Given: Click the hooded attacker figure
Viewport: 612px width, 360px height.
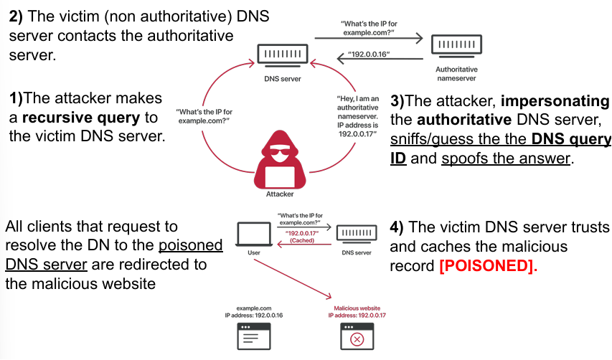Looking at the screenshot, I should point(280,158).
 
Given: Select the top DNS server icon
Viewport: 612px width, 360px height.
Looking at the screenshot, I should point(283,55).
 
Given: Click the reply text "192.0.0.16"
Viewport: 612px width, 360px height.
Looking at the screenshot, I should point(369,55).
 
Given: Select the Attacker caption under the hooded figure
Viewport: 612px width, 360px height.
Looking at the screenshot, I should point(280,194).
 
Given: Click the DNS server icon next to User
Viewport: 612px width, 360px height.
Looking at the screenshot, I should point(356,235).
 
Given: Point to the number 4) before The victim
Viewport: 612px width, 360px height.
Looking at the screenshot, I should point(398,227).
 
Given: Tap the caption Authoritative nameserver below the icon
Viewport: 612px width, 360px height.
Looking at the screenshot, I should point(456,74).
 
